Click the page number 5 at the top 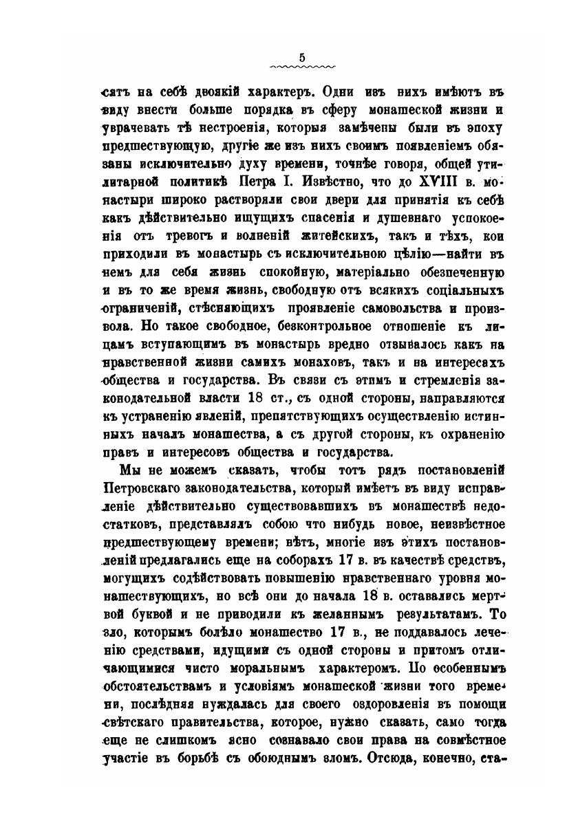coord(302,57)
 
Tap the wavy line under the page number coord(302,67)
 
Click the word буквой coord(143,594)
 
